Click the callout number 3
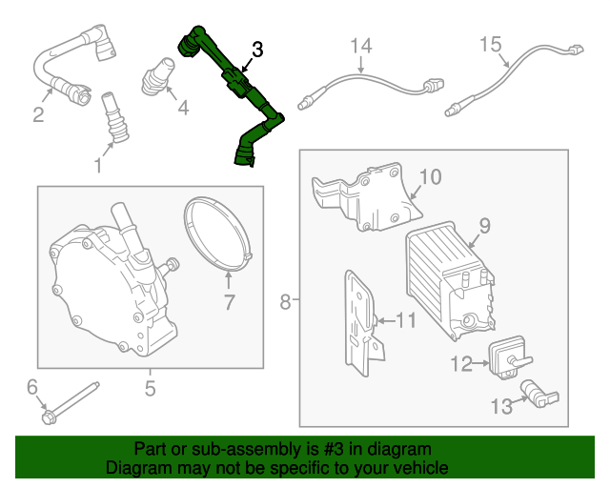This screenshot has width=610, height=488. coord(257,49)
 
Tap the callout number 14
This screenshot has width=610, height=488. coord(361,46)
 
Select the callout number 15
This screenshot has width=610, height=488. coord(490,44)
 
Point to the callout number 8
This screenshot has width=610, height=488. coord(285,303)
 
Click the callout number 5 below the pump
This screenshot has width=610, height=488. coord(150,388)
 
